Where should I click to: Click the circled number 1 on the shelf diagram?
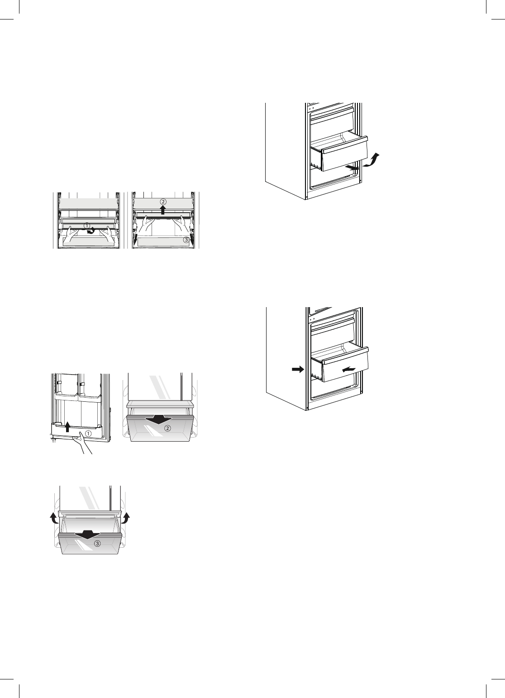[86, 225]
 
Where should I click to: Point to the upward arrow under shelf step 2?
[163, 209]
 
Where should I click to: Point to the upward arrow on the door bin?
[67, 427]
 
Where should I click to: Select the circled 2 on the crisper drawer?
[167, 428]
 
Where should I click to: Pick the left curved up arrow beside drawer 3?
[53, 518]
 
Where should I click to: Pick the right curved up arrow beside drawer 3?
[126, 518]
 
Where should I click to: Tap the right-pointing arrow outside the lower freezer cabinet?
[296, 370]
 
